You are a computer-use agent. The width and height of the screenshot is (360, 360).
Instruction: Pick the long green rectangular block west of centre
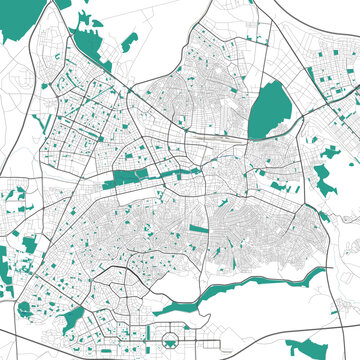click(x=128, y=179)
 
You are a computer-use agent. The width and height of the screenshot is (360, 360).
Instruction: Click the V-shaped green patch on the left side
click(x=43, y=123)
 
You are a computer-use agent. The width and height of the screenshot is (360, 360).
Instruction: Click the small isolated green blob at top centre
click(x=130, y=42)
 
